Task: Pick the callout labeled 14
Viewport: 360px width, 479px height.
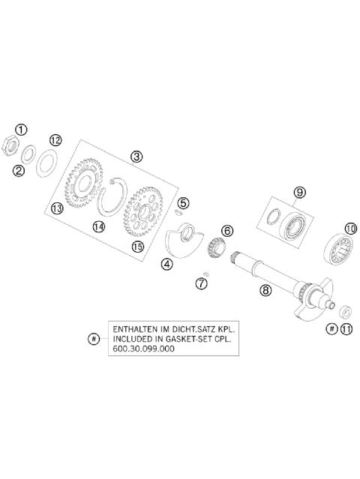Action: (x=98, y=226)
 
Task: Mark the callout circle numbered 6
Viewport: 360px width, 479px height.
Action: (x=226, y=231)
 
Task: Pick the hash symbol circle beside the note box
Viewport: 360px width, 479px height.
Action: (x=93, y=339)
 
